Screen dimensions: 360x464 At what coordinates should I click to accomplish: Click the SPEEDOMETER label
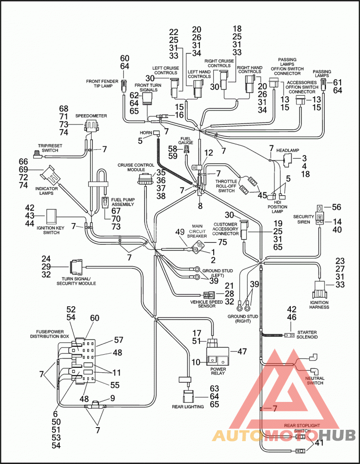[x=91, y=116]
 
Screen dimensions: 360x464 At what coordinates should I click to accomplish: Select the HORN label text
[x=146, y=133]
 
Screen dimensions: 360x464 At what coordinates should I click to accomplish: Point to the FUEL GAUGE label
[x=185, y=140]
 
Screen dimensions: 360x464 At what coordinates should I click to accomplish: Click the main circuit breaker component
[x=198, y=247]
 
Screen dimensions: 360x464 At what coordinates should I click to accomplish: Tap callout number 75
[x=222, y=242]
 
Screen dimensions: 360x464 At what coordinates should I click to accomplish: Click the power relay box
[x=217, y=356]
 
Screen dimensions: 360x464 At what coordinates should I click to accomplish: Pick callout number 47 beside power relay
[x=242, y=351]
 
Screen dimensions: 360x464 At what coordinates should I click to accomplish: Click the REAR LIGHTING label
[x=188, y=406]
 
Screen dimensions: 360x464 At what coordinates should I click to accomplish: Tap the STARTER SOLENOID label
[x=307, y=335]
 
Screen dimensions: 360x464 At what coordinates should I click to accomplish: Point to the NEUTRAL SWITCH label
[x=315, y=380]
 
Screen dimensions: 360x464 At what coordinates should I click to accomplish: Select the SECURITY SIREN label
[x=303, y=219]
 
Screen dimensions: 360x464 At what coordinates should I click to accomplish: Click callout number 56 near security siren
[x=336, y=207]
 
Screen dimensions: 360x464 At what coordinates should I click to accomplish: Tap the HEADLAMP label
[x=288, y=150]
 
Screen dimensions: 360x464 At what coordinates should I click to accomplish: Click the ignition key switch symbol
[x=51, y=216]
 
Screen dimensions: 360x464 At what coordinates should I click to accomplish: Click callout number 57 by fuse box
[x=118, y=340]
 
